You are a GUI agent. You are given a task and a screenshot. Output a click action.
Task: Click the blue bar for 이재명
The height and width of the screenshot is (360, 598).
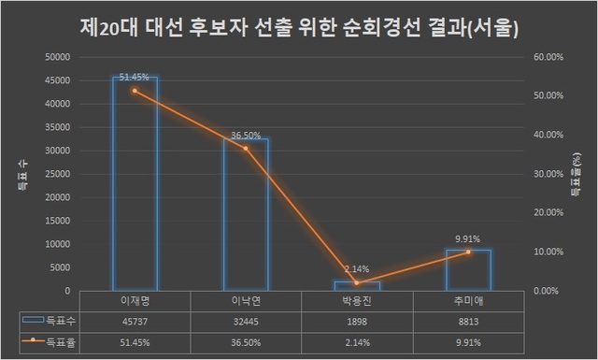pyautogui.click(x=135, y=187)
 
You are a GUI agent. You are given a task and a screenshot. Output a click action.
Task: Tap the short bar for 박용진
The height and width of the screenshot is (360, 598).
pyautogui.click(x=357, y=285)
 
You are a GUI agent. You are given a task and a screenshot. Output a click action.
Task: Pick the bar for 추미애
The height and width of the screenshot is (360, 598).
pyautogui.click(x=468, y=270)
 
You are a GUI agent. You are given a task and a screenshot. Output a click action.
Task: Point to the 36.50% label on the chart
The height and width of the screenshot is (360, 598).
pyautogui.click(x=246, y=136)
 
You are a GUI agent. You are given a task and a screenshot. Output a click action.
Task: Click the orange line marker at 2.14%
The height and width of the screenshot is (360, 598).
pyautogui.click(x=357, y=282)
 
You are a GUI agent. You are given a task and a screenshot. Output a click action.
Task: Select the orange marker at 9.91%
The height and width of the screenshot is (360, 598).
pyautogui.click(x=468, y=252)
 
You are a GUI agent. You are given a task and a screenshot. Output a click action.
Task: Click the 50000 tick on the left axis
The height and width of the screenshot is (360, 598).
pyautogui.click(x=58, y=57)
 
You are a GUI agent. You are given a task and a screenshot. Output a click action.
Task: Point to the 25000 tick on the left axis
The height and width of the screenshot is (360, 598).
pyautogui.click(x=58, y=174)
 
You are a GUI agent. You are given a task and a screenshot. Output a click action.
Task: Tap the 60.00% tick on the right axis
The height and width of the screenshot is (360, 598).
pyautogui.click(x=548, y=57)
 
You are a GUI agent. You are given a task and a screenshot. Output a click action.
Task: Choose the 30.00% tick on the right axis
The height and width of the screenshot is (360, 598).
pyautogui.click(x=548, y=174)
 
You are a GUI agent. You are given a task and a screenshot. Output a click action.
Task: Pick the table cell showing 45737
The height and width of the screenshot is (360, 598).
pyautogui.click(x=135, y=320)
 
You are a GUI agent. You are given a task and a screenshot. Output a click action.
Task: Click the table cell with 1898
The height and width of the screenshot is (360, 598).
pyautogui.click(x=357, y=320)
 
